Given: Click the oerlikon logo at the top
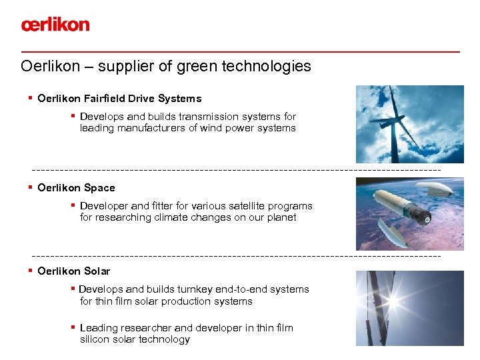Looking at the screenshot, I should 55,25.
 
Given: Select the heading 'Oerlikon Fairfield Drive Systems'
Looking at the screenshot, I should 119,99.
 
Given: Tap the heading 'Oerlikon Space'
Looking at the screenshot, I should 76,188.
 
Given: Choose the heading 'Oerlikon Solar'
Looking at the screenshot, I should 74,271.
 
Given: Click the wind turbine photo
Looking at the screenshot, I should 409,124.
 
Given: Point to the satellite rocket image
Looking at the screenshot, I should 409,213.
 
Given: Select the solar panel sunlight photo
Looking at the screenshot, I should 409,308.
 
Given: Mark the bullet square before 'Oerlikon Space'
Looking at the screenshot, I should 31,187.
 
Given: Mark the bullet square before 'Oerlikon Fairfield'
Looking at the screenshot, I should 31,98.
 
